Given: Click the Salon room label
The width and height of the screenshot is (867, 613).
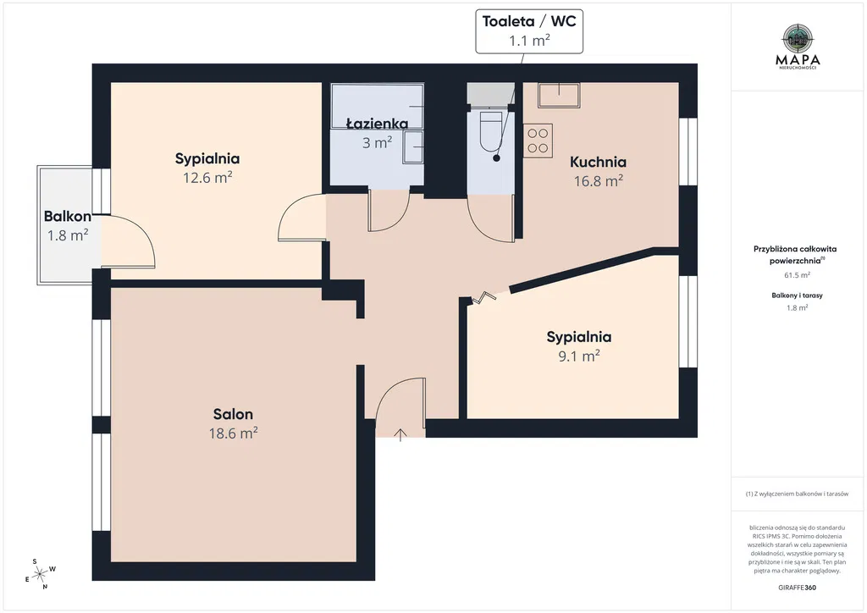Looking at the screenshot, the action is coord(233,414).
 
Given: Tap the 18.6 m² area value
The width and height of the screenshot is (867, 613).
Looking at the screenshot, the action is coord(233,433).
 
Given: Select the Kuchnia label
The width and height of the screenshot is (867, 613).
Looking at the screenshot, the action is coord(598,162).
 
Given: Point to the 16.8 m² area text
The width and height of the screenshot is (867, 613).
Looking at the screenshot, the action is coord(598,180).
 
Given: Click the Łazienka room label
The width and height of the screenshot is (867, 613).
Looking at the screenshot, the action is coord(377,124).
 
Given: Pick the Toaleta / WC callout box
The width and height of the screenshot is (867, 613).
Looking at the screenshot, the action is coord(529,31).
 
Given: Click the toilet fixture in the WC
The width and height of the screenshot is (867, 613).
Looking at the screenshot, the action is coord(490,131).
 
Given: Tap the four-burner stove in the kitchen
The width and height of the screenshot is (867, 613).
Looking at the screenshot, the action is coord(538,141).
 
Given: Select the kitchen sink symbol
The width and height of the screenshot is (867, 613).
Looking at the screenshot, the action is coord(559,95).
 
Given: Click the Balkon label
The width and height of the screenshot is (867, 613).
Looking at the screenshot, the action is coord(68,216).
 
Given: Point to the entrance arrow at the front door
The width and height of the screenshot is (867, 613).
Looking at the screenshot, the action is coord(400,435).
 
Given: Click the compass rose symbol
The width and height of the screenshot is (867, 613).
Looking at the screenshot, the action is coord(40,574).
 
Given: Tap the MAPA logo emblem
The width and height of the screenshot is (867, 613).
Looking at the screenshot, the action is coord(798,38).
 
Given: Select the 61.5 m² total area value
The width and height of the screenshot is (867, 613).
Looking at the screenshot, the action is coord(797,275).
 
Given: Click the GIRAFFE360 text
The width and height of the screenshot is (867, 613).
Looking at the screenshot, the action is coord(797,588).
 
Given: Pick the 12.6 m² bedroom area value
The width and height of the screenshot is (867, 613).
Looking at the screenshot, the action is coord(207,178).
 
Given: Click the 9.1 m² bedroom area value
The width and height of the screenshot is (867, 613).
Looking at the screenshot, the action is coord(579,356).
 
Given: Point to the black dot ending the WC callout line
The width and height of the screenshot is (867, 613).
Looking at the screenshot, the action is coord(496,158).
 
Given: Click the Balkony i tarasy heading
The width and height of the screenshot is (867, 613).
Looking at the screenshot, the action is coord(797,295).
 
